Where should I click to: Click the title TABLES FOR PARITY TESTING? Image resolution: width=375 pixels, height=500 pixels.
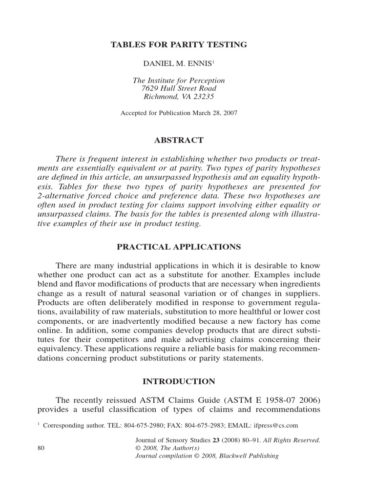179,45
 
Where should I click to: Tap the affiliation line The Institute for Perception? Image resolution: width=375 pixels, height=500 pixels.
179,80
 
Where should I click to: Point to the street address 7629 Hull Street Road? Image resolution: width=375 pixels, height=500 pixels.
179,88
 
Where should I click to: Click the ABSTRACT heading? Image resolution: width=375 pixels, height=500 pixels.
179,140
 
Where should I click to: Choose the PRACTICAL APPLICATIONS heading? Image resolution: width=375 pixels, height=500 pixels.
179,247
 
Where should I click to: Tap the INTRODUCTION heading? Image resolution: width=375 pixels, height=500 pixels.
179,381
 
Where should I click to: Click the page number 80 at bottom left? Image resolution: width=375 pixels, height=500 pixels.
41,448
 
